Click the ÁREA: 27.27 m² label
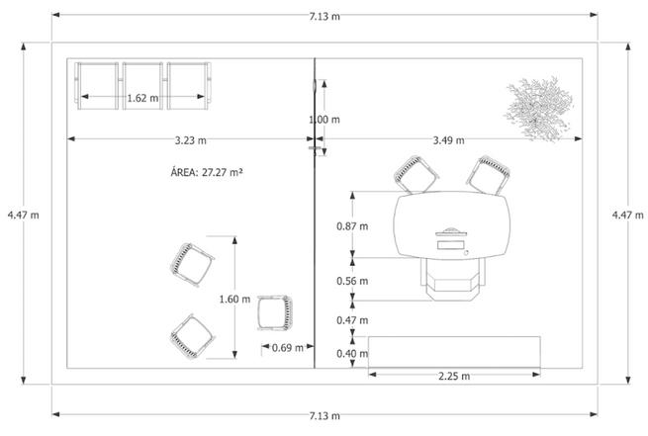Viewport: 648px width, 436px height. pyautogui.click(x=206, y=172)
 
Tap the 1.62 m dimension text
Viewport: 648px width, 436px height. pyautogui.click(x=142, y=98)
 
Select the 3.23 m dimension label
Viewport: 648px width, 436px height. pyautogui.click(x=191, y=140)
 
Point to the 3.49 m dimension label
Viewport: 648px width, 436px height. pyautogui.click(x=449, y=140)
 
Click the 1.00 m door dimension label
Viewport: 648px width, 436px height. pyautogui.click(x=324, y=120)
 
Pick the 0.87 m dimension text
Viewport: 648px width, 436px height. pyautogui.click(x=352, y=226)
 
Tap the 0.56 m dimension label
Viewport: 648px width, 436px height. pyautogui.click(x=352, y=281)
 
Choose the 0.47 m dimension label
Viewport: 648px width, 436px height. pyautogui.click(x=352, y=320)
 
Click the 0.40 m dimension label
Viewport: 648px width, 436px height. pyautogui.click(x=352, y=354)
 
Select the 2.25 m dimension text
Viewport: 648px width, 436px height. pyautogui.click(x=454, y=376)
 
